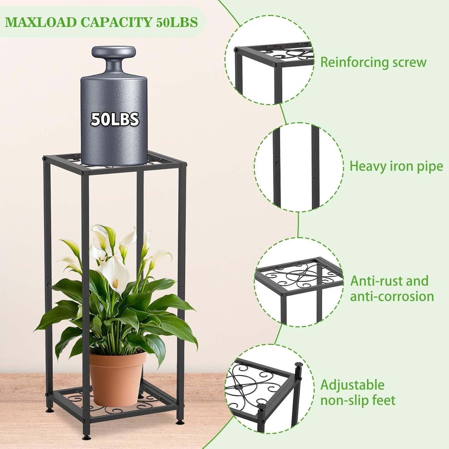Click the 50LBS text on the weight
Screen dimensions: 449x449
tap(115, 119)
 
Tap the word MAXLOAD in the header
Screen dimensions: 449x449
tap(41, 22)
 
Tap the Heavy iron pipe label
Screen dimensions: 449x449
tap(396, 166)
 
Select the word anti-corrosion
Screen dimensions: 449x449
tap(392, 296)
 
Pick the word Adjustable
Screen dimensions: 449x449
tap(352, 385)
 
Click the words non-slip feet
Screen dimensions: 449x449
tap(358, 401)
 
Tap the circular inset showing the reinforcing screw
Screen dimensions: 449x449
tap(269, 60)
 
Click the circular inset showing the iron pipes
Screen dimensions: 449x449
tap(299, 167)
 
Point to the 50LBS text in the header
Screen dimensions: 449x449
tap(177, 22)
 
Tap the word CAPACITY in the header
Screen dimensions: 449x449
tap(117, 22)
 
